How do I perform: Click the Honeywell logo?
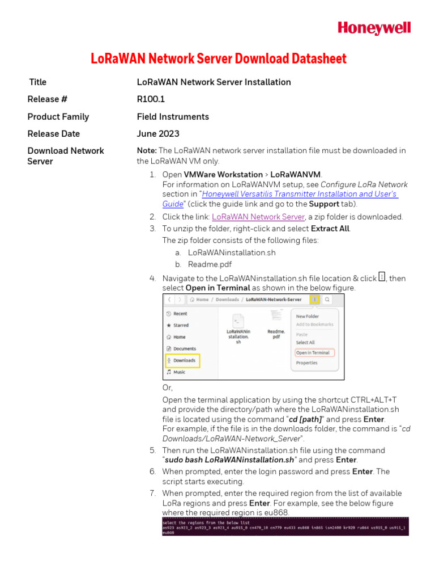(374, 28)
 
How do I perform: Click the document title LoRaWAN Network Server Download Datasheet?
(219, 58)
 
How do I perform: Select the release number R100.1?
(151, 99)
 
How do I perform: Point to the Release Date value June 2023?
(158, 134)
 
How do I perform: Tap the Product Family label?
(58, 117)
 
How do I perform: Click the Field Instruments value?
(173, 117)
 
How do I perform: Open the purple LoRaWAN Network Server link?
(258, 217)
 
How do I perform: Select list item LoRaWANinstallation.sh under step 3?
(232, 252)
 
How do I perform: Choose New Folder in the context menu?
(308, 316)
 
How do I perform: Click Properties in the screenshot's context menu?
(306, 363)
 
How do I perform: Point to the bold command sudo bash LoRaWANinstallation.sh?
(229, 460)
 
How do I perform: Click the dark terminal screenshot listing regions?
(285, 527)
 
